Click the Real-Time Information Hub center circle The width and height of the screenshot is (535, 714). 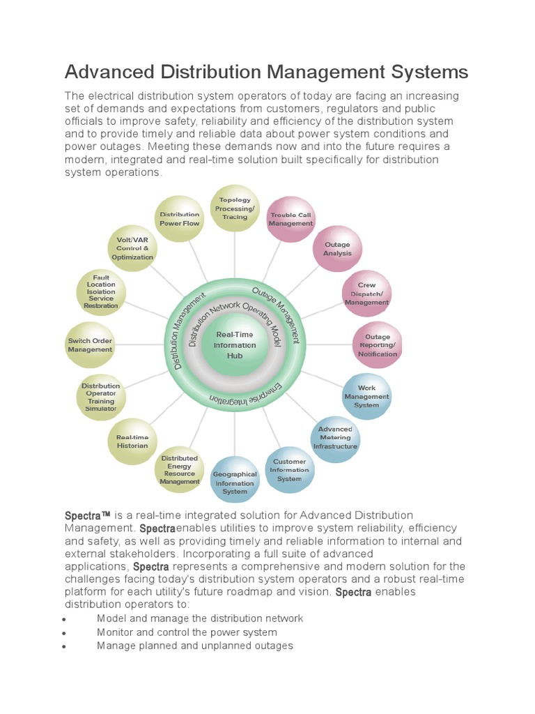pyautogui.click(x=235, y=345)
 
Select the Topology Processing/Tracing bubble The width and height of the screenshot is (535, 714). pyautogui.click(x=235, y=208)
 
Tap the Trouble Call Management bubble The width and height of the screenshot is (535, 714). pyautogui.click(x=291, y=219)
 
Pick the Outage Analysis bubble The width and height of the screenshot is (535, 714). pyautogui.click(x=337, y=250)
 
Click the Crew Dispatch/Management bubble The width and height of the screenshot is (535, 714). pyautogui.click(x=366, y=294)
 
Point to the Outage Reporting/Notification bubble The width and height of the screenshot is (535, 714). pyautogui.click(x=378, y=345)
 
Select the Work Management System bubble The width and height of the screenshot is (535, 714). pyautogui.click(x=366, y=396)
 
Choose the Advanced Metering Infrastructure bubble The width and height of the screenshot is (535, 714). pyautogui.click(x=335, y=438)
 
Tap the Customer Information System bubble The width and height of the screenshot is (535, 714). pyautogui.click(x=289, y=470)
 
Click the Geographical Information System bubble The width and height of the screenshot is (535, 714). pyautogui.click(x=235, y=483)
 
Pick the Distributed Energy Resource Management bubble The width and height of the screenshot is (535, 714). pyautogui.click(x=180, y=469)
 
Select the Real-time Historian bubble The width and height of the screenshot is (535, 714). pyautogui.click(x=132, y=441)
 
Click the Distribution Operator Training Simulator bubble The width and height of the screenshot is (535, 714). pyautogui.click(x=101, y=397)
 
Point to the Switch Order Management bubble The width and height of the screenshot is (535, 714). pyautogui.click(x=90, y=345)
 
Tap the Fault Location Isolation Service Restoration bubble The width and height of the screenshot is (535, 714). pyautogui.click(x=101, y=291)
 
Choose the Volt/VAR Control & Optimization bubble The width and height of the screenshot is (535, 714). pyautogui.click(x=132, y=249)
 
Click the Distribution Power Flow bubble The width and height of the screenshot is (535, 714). pyautogui.click(x=180, y=219)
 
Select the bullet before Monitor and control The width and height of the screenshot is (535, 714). pyautogui.click(x=64, y=633)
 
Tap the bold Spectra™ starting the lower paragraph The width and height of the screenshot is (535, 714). pyautogui.click(x=88, y=516)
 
